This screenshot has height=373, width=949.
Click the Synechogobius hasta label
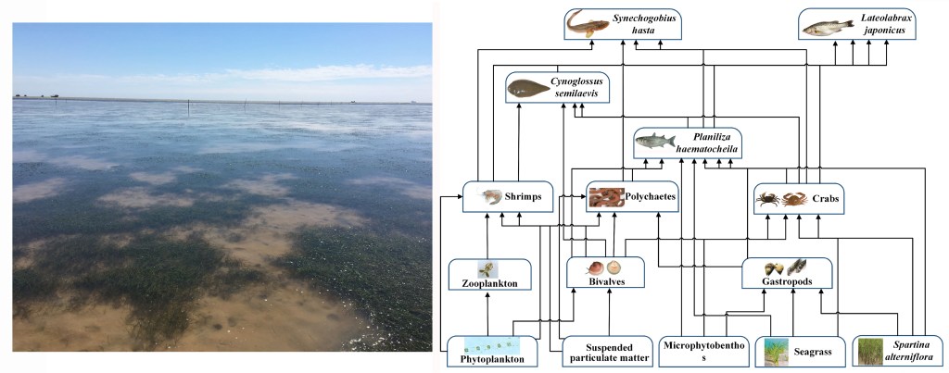click(636, 24)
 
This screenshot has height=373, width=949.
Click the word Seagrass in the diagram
click(811, 352)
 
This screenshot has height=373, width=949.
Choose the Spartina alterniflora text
click(913, 352)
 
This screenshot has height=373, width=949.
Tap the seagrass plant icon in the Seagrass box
click(775, 352)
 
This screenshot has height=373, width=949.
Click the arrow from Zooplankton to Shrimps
click(487, 236)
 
